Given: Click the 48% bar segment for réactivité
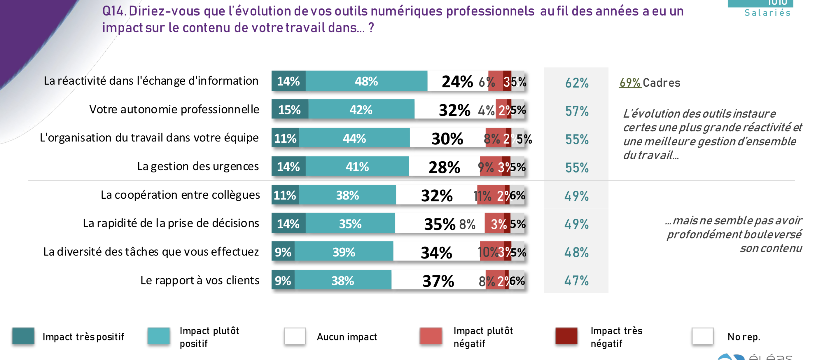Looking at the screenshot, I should pos(366,81).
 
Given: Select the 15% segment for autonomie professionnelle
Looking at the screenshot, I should pos(289,110).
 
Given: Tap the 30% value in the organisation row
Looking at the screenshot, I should pos(447,139).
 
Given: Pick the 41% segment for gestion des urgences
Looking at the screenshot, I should pos(357,167).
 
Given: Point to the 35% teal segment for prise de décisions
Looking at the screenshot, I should pos(350,224).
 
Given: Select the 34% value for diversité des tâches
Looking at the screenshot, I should pos(436,252).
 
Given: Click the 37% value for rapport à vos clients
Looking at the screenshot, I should pos(438,281).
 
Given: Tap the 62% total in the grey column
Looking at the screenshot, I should pos(577,83).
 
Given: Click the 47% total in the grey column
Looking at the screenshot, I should pos(576,281).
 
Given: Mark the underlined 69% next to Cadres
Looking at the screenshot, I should pos(630,83).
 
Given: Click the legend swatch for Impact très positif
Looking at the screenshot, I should pos(23,336).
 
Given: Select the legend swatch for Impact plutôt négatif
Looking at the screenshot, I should pos(431,336).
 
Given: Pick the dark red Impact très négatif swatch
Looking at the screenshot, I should pos(566,336).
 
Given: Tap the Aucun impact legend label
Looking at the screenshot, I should pos(347,337).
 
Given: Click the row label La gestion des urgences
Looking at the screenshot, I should pos(198,166).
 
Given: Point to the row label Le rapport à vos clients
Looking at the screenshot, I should pos(200,280).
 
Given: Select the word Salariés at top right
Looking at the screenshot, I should pos(767,13).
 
